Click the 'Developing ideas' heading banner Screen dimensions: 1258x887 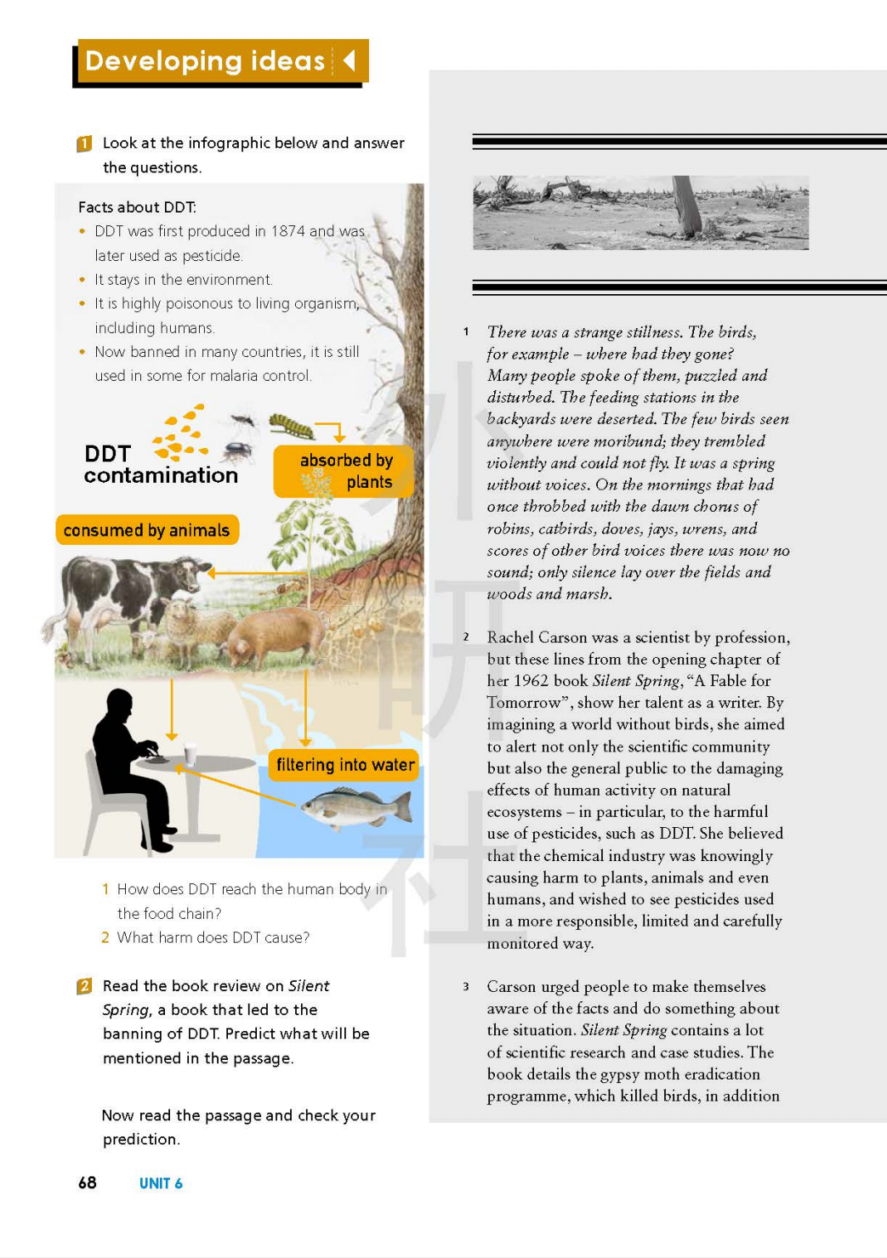[x=220, y=61]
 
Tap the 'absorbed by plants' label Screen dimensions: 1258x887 [x=345, y=471]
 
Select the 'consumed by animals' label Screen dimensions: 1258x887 [x=147, y=530]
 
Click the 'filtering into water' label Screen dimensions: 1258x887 [x=344, y=765]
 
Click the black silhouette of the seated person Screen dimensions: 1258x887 [x=128, y=765]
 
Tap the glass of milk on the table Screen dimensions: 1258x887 [x=190, y=754]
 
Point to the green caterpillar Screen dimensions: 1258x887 [x=291, y=424]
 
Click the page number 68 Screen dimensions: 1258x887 [x=87, y=1182]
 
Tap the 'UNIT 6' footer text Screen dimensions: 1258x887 [x=161, y=1183]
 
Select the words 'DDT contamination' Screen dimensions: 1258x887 [x=160, y=465]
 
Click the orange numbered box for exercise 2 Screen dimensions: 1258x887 [x=84, y=986]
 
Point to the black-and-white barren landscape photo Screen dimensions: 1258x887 [x=640, y=212]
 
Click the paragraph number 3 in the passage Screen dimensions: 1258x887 [x=466, y=987]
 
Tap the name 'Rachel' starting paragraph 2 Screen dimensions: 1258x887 [x=512, y=637]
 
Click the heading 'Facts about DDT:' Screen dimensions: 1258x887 [x=137, y=207]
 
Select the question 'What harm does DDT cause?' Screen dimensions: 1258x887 [x=213, y=938]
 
